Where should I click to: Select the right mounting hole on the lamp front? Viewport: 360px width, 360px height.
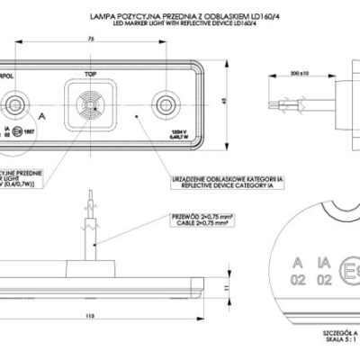[163, 106]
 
